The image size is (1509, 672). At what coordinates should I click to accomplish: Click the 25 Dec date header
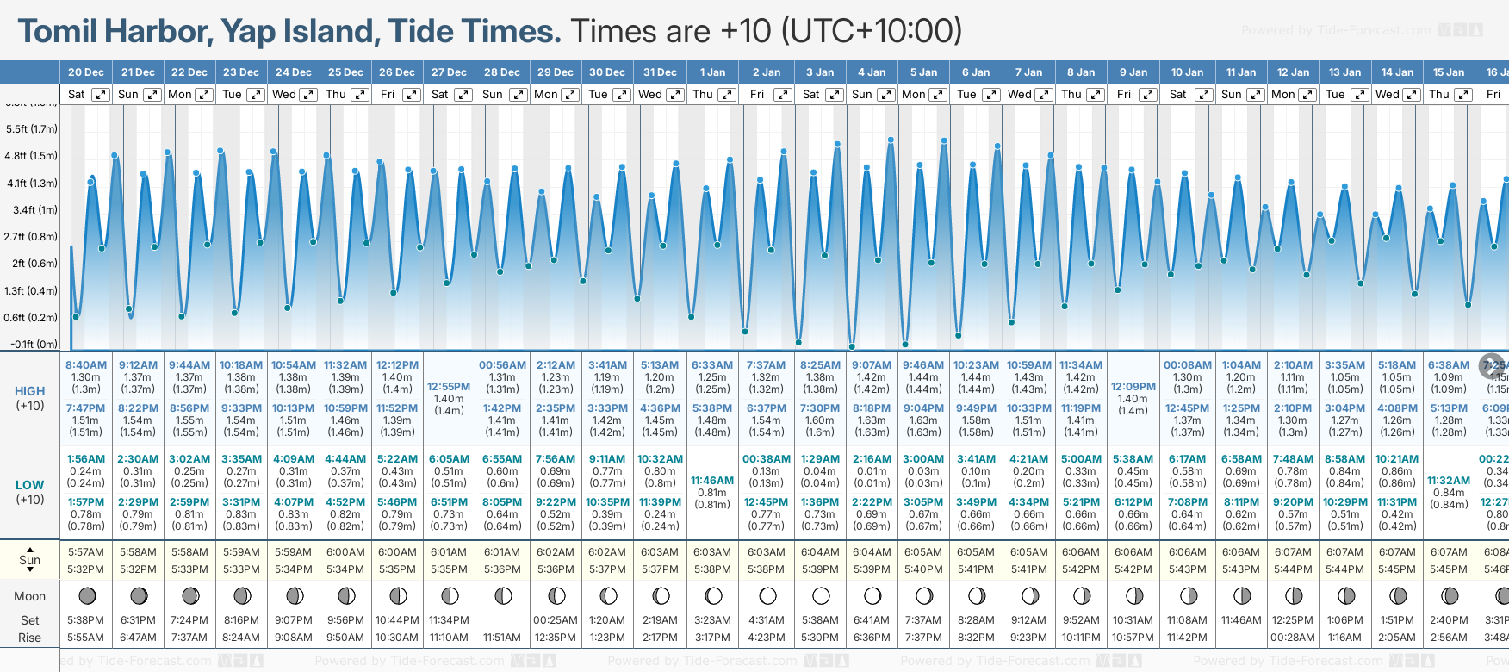(x=345, y=72)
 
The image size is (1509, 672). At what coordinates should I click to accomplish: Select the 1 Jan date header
(x=712, y=72)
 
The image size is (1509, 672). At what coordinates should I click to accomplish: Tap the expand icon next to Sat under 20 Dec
(x=101, y=95)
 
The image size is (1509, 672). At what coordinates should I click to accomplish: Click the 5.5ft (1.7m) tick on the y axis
(x=32, y=129)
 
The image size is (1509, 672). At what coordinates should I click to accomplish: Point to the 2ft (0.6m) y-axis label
(x=32, y=264)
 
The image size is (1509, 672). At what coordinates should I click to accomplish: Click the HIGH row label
(x=30, y=391)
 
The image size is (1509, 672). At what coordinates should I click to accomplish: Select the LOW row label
(x=30, y=485)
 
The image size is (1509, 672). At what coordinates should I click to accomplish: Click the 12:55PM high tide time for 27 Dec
(x=449, y=387)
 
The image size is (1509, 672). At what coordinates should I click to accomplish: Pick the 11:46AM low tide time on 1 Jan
(x=712, y=481)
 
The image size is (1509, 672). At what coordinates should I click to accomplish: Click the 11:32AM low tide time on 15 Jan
(x=1449, y=481)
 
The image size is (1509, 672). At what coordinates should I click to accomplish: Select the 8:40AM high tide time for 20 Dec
(x=86, y=365)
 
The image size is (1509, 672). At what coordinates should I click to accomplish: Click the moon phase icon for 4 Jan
(x=872, y=595)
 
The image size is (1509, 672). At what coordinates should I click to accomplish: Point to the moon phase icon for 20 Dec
(x=86, y=595)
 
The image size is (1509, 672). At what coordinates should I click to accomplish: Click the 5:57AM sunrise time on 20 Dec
(x=86, y=552)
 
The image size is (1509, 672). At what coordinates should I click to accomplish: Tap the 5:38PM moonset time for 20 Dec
(x=86, y=620)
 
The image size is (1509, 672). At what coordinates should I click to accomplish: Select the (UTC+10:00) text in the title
(x=871, y=32)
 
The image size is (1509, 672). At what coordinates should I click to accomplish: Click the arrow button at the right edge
(x=1492, y=365)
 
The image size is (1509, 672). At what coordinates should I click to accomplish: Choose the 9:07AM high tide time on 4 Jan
(x=872, y=365)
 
